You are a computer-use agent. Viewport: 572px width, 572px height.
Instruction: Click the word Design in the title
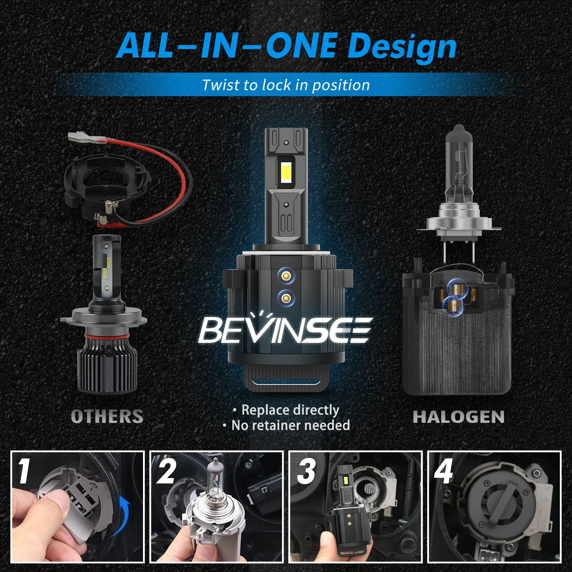coord(402,46)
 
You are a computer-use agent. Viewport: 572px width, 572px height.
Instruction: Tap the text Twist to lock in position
coord(286,85)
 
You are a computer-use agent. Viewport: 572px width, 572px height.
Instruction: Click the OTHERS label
coord(107,416)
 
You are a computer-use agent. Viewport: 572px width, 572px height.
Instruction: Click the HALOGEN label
coord(459,417)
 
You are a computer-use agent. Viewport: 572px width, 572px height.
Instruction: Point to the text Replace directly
coord(290,410)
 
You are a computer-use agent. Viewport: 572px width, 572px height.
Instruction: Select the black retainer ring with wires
coord(107,186)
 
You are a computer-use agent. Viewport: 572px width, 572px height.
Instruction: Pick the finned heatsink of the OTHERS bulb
coord(107,368)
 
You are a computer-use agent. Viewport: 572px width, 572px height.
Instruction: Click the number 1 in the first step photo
coord(24,471)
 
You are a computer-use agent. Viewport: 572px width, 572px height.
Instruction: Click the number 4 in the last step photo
coord(443,471)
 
